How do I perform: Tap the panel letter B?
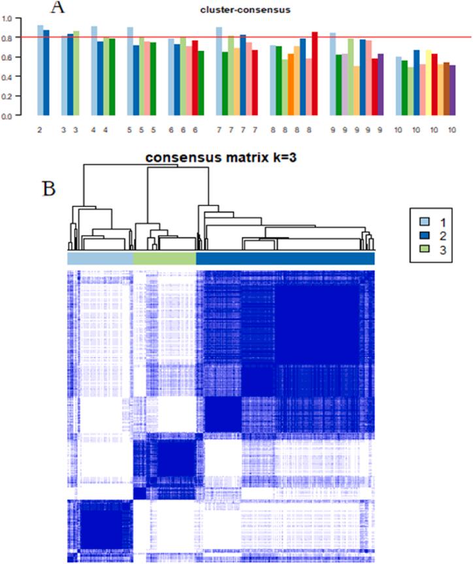[50, 189]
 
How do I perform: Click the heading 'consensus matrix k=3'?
[221, 158]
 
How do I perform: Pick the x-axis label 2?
[41, 131]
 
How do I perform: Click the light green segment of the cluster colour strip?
[165, 259]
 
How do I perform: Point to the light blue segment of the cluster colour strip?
[100, 259]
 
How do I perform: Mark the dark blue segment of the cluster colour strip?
[285, 259]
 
